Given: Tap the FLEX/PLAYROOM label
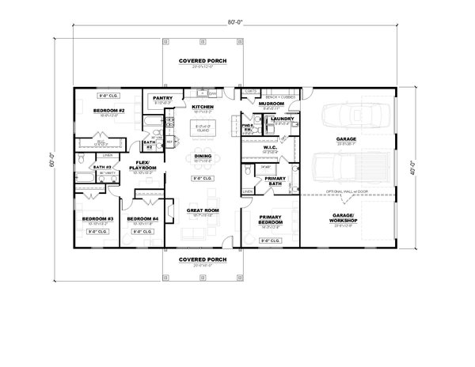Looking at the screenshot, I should pyautogui.click(x=147, y=167).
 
